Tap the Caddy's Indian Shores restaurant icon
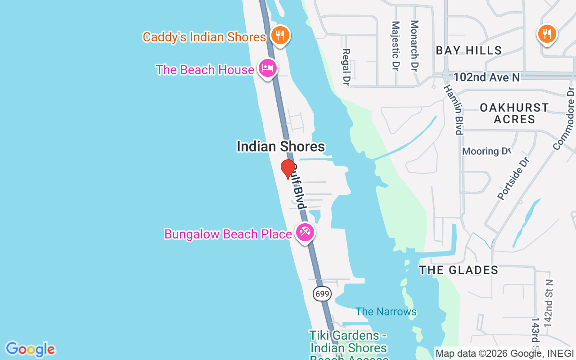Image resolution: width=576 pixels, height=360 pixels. [280, 35]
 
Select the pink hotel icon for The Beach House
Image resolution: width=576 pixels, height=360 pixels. [268, 68]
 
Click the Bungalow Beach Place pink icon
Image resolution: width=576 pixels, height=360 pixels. [305, 233]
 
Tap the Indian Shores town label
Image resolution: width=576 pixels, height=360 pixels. [281, 146]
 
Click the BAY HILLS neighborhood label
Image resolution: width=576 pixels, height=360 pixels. [468, 50]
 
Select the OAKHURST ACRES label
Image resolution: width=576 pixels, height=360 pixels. [514, 113]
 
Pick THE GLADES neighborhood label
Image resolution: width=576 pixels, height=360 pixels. [459, 270]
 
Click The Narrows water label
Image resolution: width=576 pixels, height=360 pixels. [386, 311]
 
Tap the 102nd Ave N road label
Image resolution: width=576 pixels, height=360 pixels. [486, 77]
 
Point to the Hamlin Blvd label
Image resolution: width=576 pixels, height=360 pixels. [454, 109]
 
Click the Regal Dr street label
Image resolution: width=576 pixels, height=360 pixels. [346, 67]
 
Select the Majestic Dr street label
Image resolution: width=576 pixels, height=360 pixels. [396, 46]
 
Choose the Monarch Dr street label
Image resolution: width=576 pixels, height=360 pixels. [414, 45]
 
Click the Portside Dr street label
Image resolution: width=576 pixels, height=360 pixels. [513, 178]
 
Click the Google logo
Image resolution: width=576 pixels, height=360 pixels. [30, 349]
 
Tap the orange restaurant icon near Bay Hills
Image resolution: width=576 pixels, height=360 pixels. [547, 34]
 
